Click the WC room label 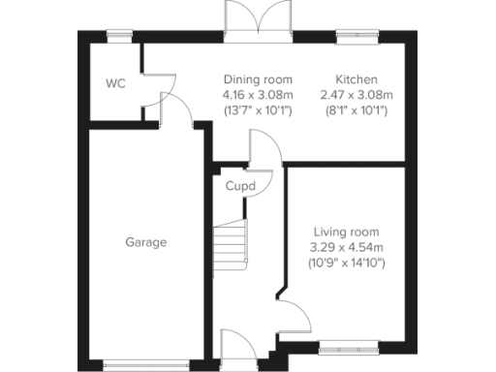click(115, 83)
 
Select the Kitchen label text click(356, 79)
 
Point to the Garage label click(145, 242)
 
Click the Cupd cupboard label click(240, 186)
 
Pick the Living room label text click(345, 232)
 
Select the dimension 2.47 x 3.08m click(356, 95)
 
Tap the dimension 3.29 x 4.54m click(345, 247)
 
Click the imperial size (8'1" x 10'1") click(356, 110)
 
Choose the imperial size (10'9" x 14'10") click(345, 263)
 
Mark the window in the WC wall click(119, 36)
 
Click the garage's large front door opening click(146, 365)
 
